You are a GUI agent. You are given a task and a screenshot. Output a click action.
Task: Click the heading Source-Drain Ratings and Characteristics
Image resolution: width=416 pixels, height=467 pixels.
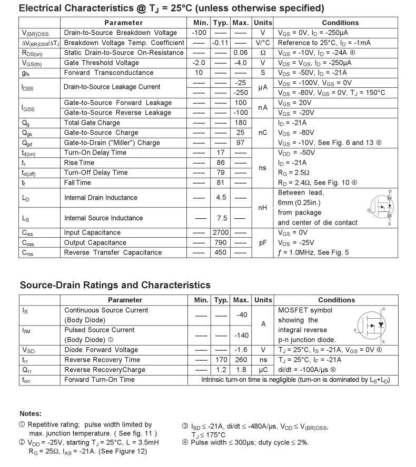115,285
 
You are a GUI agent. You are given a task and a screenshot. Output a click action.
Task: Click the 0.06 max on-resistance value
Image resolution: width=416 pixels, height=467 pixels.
240,53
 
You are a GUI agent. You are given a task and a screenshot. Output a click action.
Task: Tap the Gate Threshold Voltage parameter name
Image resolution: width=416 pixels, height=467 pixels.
102,63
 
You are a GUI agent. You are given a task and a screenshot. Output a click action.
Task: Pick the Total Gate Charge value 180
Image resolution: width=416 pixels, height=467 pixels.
240,123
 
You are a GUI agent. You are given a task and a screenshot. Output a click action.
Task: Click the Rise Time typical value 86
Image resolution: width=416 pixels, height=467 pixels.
220,163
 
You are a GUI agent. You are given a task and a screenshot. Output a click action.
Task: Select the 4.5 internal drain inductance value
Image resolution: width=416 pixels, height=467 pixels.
221,198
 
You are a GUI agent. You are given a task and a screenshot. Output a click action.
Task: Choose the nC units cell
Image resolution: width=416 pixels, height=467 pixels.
263,133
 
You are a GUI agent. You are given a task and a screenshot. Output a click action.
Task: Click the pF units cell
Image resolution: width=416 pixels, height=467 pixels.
263,242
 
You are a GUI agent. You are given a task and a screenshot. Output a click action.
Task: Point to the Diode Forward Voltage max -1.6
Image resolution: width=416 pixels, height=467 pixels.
240,350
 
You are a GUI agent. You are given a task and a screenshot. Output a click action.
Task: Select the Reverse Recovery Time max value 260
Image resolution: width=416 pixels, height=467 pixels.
240,360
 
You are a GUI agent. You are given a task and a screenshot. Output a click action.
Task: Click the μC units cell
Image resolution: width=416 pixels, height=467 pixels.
263,370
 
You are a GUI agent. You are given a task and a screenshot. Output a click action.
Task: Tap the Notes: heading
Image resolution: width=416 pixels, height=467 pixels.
31,414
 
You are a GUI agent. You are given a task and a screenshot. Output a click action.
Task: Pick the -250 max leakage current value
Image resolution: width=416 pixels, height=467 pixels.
240,93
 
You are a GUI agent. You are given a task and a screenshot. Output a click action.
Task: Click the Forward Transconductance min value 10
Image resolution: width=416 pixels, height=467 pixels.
199,73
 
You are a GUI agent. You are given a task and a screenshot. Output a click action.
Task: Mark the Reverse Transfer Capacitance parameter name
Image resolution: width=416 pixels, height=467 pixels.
113,252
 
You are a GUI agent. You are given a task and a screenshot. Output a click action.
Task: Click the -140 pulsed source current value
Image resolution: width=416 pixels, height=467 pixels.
240,335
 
